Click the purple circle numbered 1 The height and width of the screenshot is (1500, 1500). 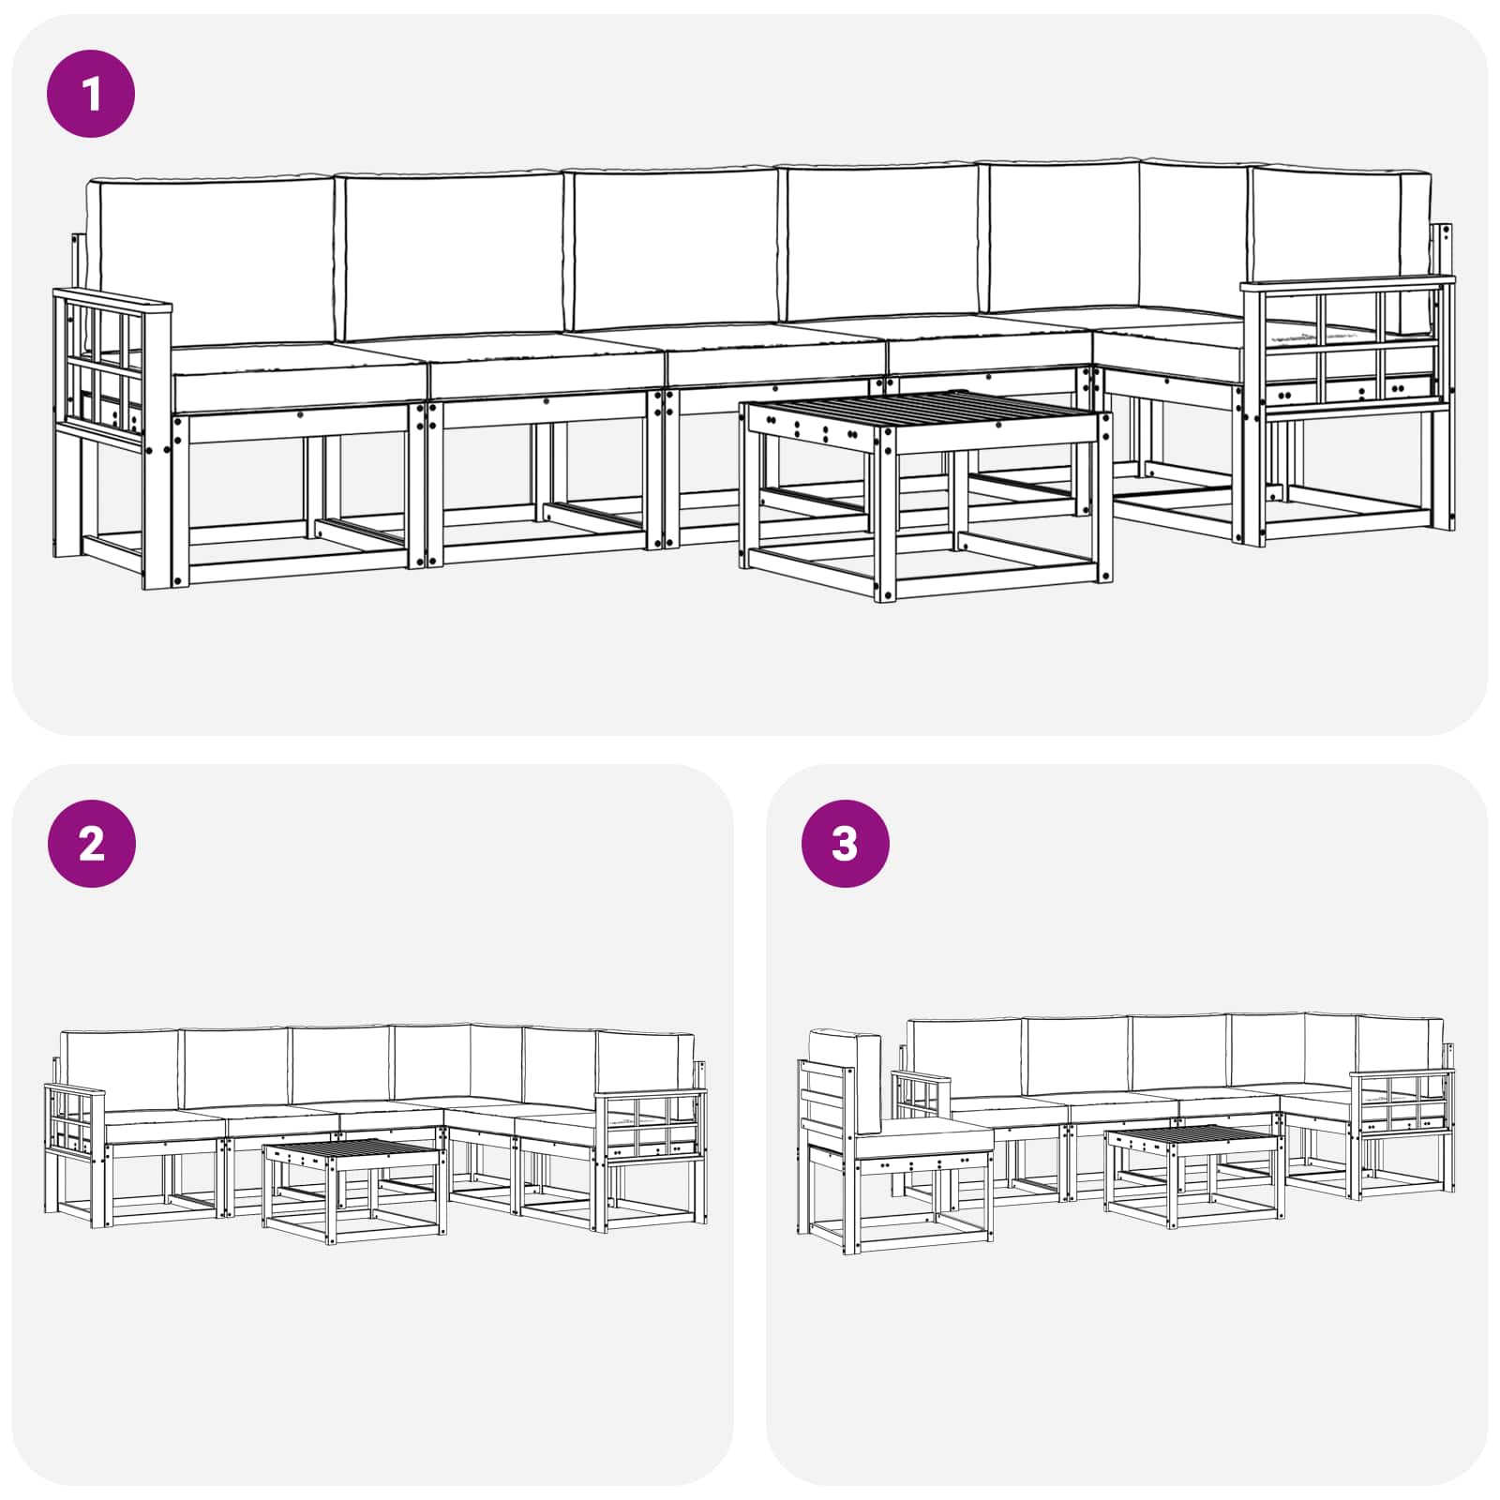[x=91, y=95]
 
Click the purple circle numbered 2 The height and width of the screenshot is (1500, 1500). [x=91, y=844]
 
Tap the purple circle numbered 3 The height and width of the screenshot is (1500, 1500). [x=845, y=844]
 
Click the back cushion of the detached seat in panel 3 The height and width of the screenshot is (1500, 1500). [x=849, y=1078]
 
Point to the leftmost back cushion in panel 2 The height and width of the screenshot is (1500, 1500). [x=120, y=1069]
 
